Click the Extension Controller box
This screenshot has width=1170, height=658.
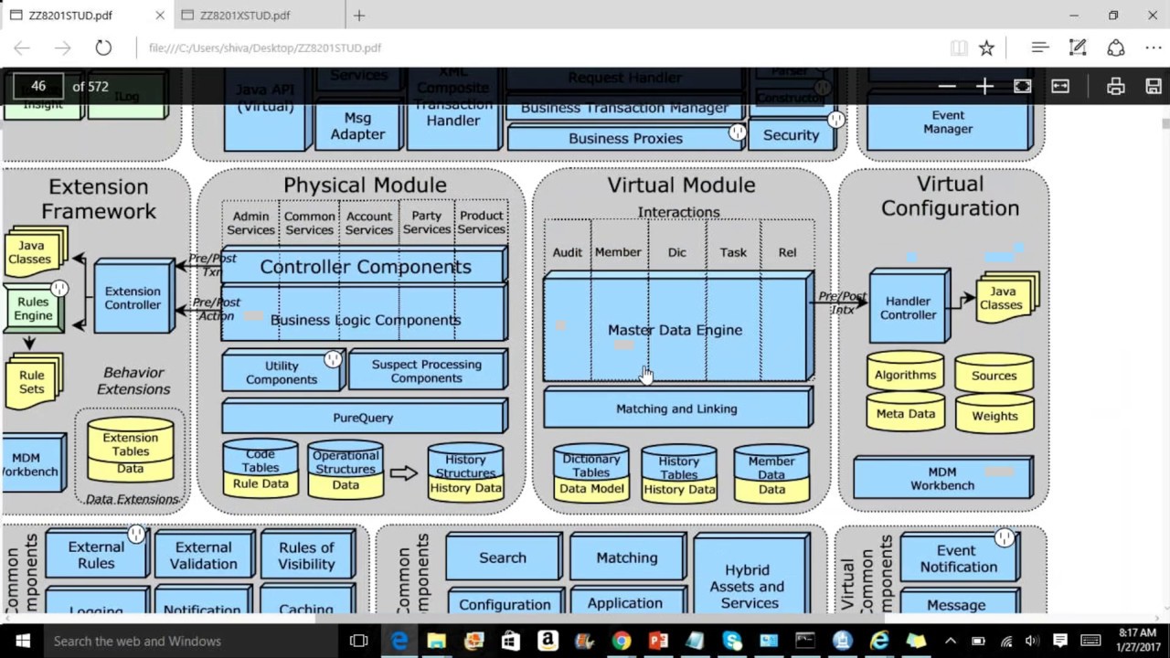pos(133,298)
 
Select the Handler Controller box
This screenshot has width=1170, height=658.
pos(908,307)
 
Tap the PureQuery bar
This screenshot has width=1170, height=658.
pos(363,418)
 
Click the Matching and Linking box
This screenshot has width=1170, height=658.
pos(676,409)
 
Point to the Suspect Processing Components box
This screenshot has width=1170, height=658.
pos(426,371)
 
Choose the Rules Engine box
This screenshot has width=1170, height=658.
pos(34,308)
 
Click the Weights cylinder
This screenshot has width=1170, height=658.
pos(994,415)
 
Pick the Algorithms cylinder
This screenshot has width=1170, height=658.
pos(905,374)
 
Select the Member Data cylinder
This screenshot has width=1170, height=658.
pos(771,474)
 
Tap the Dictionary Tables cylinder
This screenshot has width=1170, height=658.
pos(591,472)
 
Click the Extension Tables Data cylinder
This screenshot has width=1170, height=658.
pos(131,451)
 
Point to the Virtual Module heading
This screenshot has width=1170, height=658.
pos(681,186)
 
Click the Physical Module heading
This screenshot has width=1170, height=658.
pos(365,186)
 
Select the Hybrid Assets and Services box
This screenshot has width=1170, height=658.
pos(749,586)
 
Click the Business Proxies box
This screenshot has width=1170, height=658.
pos(625,139)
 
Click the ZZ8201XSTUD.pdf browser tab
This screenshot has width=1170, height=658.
pos(245,16)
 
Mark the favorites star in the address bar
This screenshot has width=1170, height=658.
pos(986,48)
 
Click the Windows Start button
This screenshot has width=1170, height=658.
pos(22,641)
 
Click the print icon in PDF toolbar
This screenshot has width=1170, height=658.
pos(1115,87)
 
